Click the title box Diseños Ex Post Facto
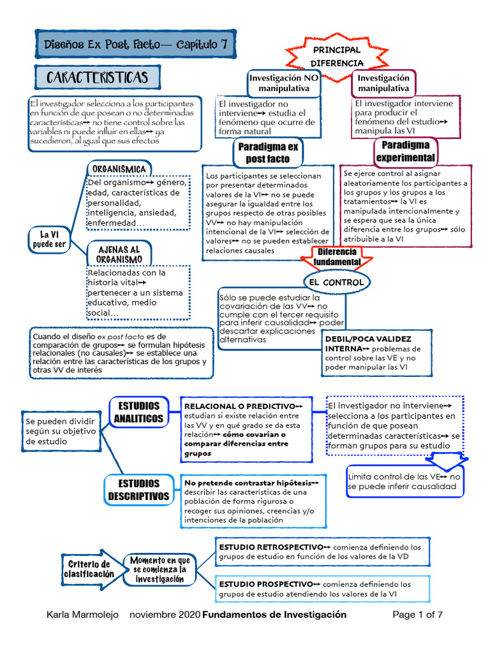point(135,45)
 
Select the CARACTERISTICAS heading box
point(97,78)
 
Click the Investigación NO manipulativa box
point(284,83)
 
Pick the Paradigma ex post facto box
point(268,153)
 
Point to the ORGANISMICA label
point(119,168)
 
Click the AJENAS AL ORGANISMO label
point(119,254)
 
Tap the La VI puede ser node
point(49,239)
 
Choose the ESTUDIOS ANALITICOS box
point(138,413)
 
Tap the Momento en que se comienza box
point(160,569)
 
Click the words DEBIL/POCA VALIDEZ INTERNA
point(367,344)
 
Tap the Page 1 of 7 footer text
point(417,615)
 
